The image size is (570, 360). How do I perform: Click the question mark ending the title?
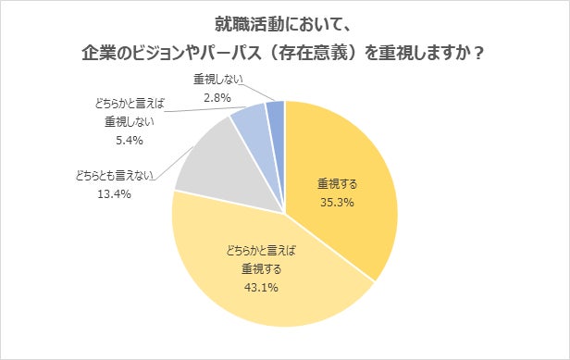pos(479,54)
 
